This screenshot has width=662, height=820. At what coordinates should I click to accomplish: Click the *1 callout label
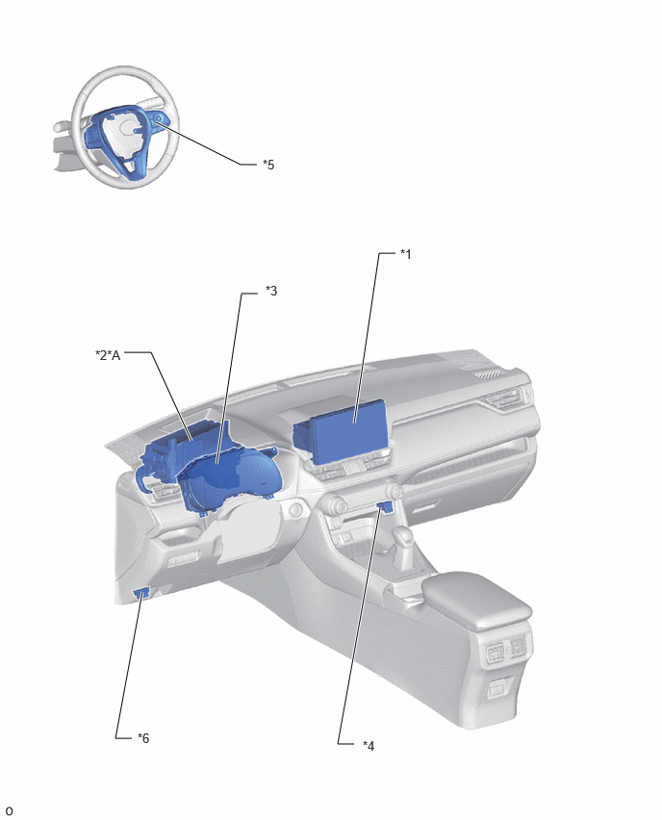click(406, 254)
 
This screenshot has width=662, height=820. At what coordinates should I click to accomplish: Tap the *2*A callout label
click(108, 355)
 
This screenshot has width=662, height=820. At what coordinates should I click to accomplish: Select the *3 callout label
click(271, 291)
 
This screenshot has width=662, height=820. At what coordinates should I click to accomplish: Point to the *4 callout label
click(369, 746)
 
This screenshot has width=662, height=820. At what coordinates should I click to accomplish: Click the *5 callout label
click(268, 165)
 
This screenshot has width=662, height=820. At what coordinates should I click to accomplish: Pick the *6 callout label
click(143, 738)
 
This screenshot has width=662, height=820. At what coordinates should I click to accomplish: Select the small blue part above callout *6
click(141, 593)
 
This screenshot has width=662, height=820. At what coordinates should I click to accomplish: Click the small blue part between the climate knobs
click(385, 505)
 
